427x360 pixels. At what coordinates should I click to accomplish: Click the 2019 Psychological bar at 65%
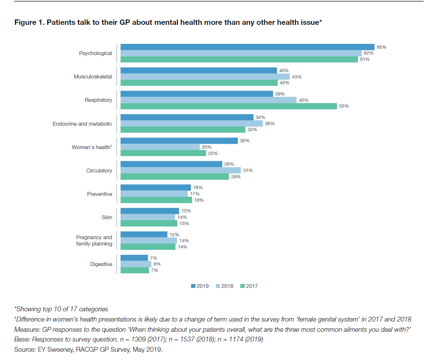247,47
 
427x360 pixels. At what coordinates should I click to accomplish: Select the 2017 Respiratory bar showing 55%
228,106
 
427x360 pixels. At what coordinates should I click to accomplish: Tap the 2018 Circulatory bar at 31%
180,171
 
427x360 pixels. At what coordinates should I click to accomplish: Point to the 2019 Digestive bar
134,258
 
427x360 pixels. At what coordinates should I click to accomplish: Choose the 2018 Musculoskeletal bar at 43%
205,76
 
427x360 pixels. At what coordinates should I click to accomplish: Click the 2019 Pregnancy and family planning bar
144,234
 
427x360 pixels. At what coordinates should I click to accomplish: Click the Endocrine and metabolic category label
82,124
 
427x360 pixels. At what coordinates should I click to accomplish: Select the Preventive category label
100,194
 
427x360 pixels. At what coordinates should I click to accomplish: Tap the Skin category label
107,217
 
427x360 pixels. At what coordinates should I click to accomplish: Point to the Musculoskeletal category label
93,76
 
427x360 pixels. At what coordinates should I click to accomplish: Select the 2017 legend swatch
242,286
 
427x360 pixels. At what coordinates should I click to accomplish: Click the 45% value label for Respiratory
303,100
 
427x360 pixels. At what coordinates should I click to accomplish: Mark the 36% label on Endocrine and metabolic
270,124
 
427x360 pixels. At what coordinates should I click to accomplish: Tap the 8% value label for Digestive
157,264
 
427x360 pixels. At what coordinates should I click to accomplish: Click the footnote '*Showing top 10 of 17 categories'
61,309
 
